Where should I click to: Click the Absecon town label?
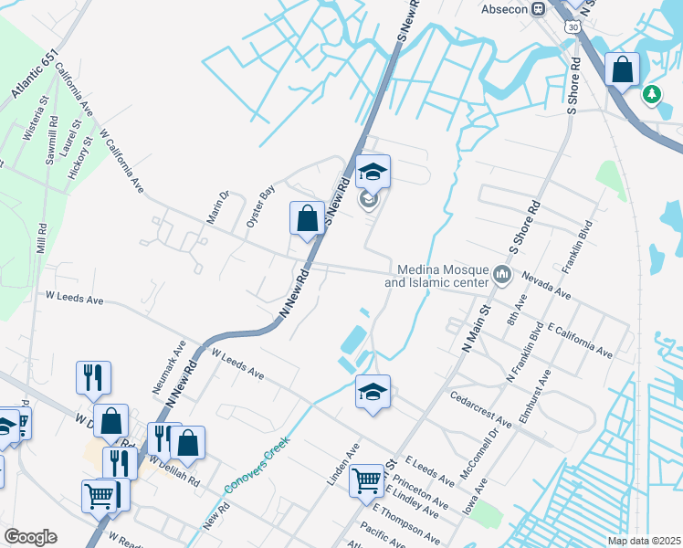point(504,8)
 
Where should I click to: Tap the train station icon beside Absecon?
point(539,8)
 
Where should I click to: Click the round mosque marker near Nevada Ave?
point(502,275)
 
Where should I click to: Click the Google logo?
point(30,537)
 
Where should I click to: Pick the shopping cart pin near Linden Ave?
point(367,479)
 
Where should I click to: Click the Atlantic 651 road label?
point(36,75)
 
